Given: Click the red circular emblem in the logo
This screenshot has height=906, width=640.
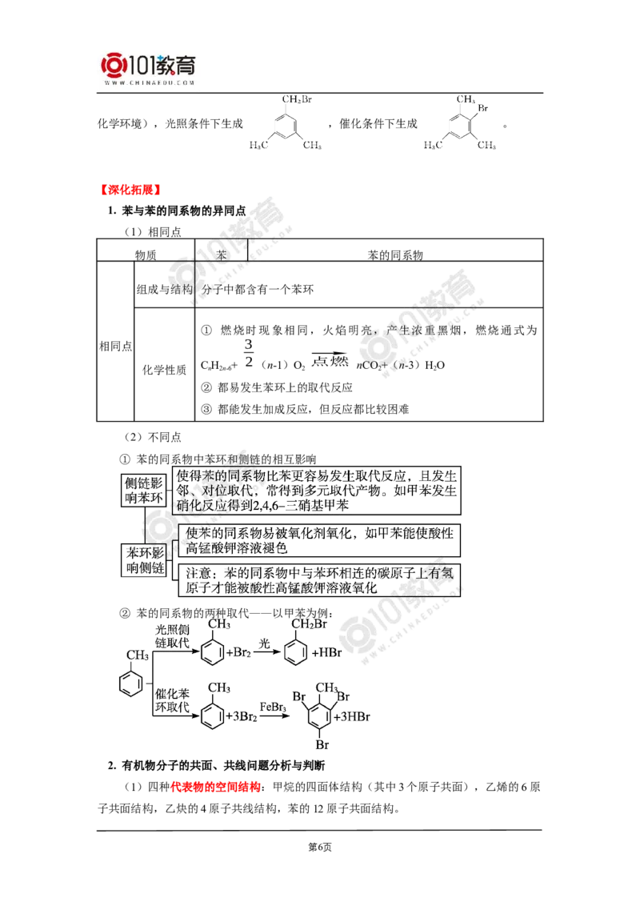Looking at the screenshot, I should click(113, 66).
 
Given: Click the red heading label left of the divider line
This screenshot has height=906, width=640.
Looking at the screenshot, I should click(129, 190).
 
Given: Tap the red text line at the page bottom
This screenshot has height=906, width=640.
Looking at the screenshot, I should click(215, 786).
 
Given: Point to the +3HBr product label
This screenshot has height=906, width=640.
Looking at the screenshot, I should click(354, 716).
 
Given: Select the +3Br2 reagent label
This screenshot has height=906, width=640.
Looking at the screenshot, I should click(242, 717).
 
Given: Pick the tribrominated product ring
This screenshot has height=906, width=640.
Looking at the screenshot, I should click(323, 715).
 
